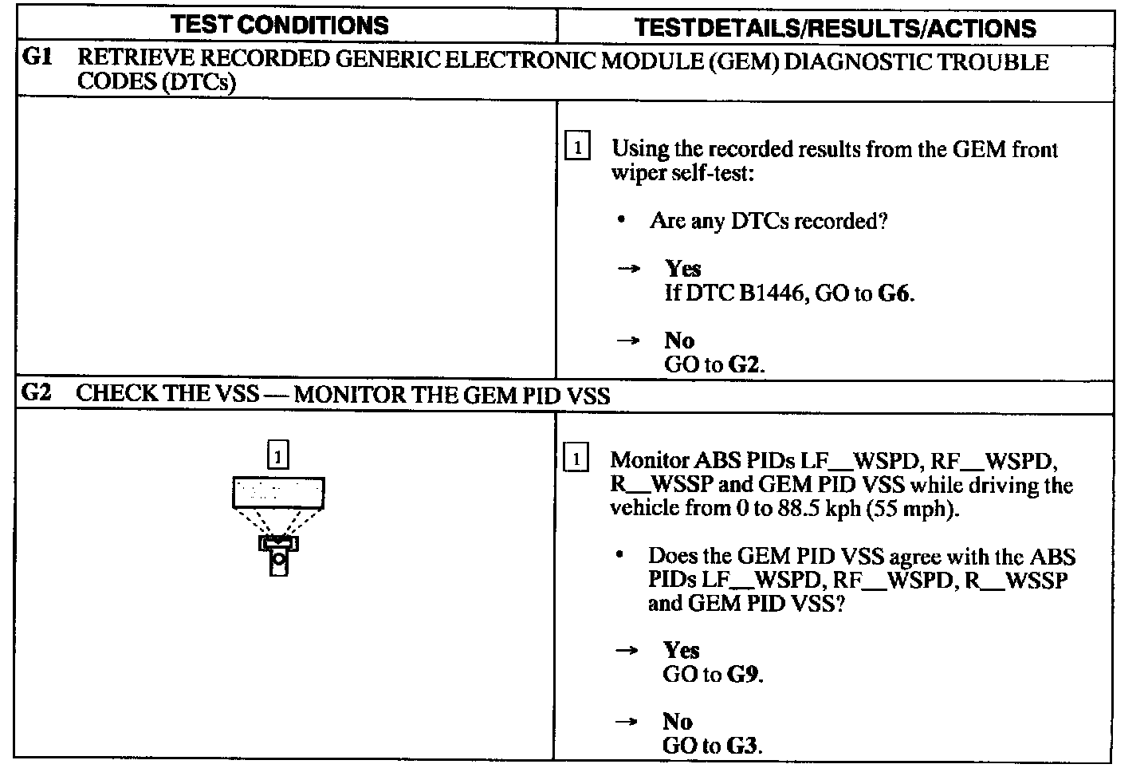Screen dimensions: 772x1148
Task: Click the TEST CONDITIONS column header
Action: (279, 26)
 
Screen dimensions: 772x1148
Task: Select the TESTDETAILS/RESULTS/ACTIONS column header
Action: (835, 29)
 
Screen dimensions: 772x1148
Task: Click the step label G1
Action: (37, 59)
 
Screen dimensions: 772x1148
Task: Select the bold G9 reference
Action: (743, 674)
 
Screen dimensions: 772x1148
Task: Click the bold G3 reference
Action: (743, 746)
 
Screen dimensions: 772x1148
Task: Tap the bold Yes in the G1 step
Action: (683, 269)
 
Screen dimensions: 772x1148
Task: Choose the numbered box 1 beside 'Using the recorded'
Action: (577, 148)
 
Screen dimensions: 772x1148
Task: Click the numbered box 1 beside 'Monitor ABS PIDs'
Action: (576, 459)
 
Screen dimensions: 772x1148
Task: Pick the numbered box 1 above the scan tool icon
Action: (277, 455)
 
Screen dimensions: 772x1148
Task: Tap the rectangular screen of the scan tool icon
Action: (278, 492)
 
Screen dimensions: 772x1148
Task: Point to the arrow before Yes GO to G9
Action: (627, 651)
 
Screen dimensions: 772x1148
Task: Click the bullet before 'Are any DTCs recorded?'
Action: (621, 220)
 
